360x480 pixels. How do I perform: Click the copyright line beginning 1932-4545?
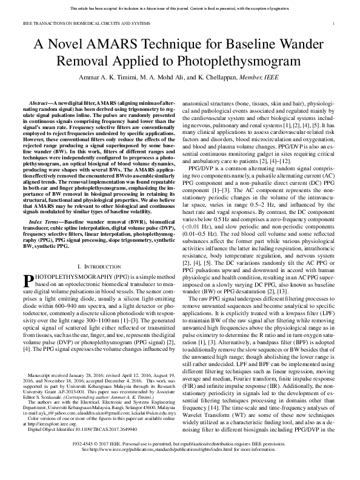pyautogui.click(x=180, y=461)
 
